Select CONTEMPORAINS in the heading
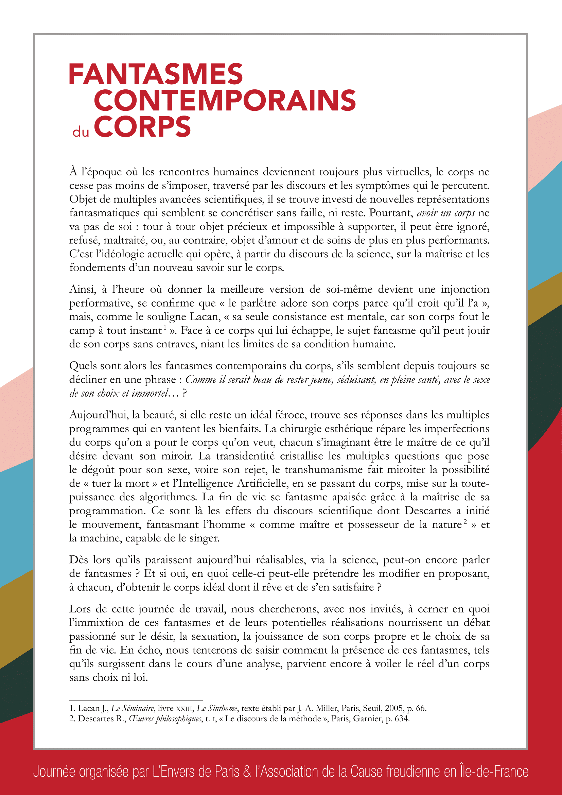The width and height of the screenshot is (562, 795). click(225, 101)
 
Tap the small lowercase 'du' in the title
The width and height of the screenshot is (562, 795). click(81, 132)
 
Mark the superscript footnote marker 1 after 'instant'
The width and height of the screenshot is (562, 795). click(165, 327)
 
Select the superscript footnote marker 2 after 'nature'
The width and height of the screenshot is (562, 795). click(466, 521)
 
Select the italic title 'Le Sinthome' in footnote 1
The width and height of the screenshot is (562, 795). click(217, 708)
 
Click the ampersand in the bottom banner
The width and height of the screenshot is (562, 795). click(247, 772)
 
